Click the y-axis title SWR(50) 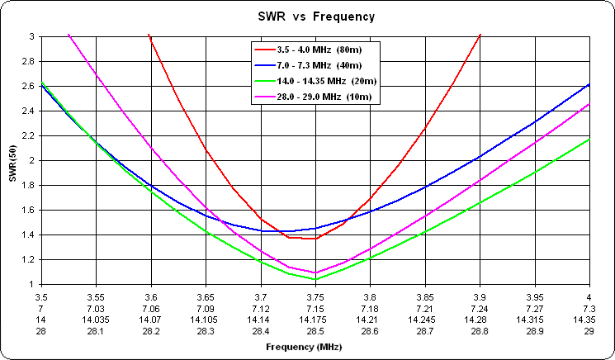[12, 160]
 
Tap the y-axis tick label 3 [31, 36]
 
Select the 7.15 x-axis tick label [315, 308]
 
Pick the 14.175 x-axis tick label [315, 320]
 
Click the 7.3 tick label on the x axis [589, 308]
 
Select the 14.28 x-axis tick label [479, 320]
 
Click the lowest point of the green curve [315, 279]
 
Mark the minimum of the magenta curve [315, 272]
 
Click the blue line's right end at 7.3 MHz [589, 84]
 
